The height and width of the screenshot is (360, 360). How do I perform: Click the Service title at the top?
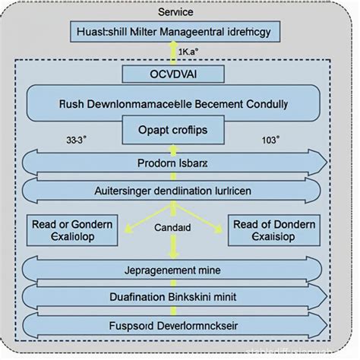click(x=175, y=12)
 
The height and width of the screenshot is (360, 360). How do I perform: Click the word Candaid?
click(x=174, y=226)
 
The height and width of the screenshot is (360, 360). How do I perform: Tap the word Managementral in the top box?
click(x=182, y=33)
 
